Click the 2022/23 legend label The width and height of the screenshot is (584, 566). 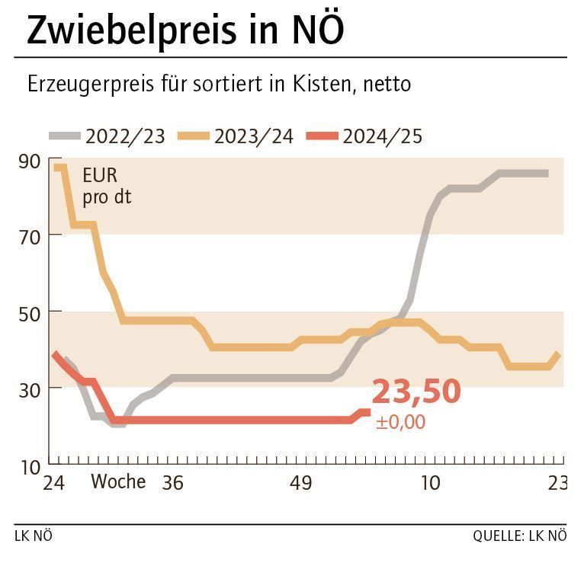(126, 136)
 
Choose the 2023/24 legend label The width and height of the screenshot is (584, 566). (254, 136)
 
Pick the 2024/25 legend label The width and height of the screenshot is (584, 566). (382, 136)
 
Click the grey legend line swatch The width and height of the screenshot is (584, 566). (66, 136)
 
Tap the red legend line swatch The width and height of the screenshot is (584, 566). (322, 136)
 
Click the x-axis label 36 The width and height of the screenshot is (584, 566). (173, 483)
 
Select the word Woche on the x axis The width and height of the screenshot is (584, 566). (118, 482)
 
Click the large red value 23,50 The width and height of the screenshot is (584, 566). (416, 392)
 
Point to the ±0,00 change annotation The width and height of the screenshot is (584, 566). (400, 422)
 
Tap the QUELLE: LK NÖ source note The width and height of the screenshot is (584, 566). (519, 536)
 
